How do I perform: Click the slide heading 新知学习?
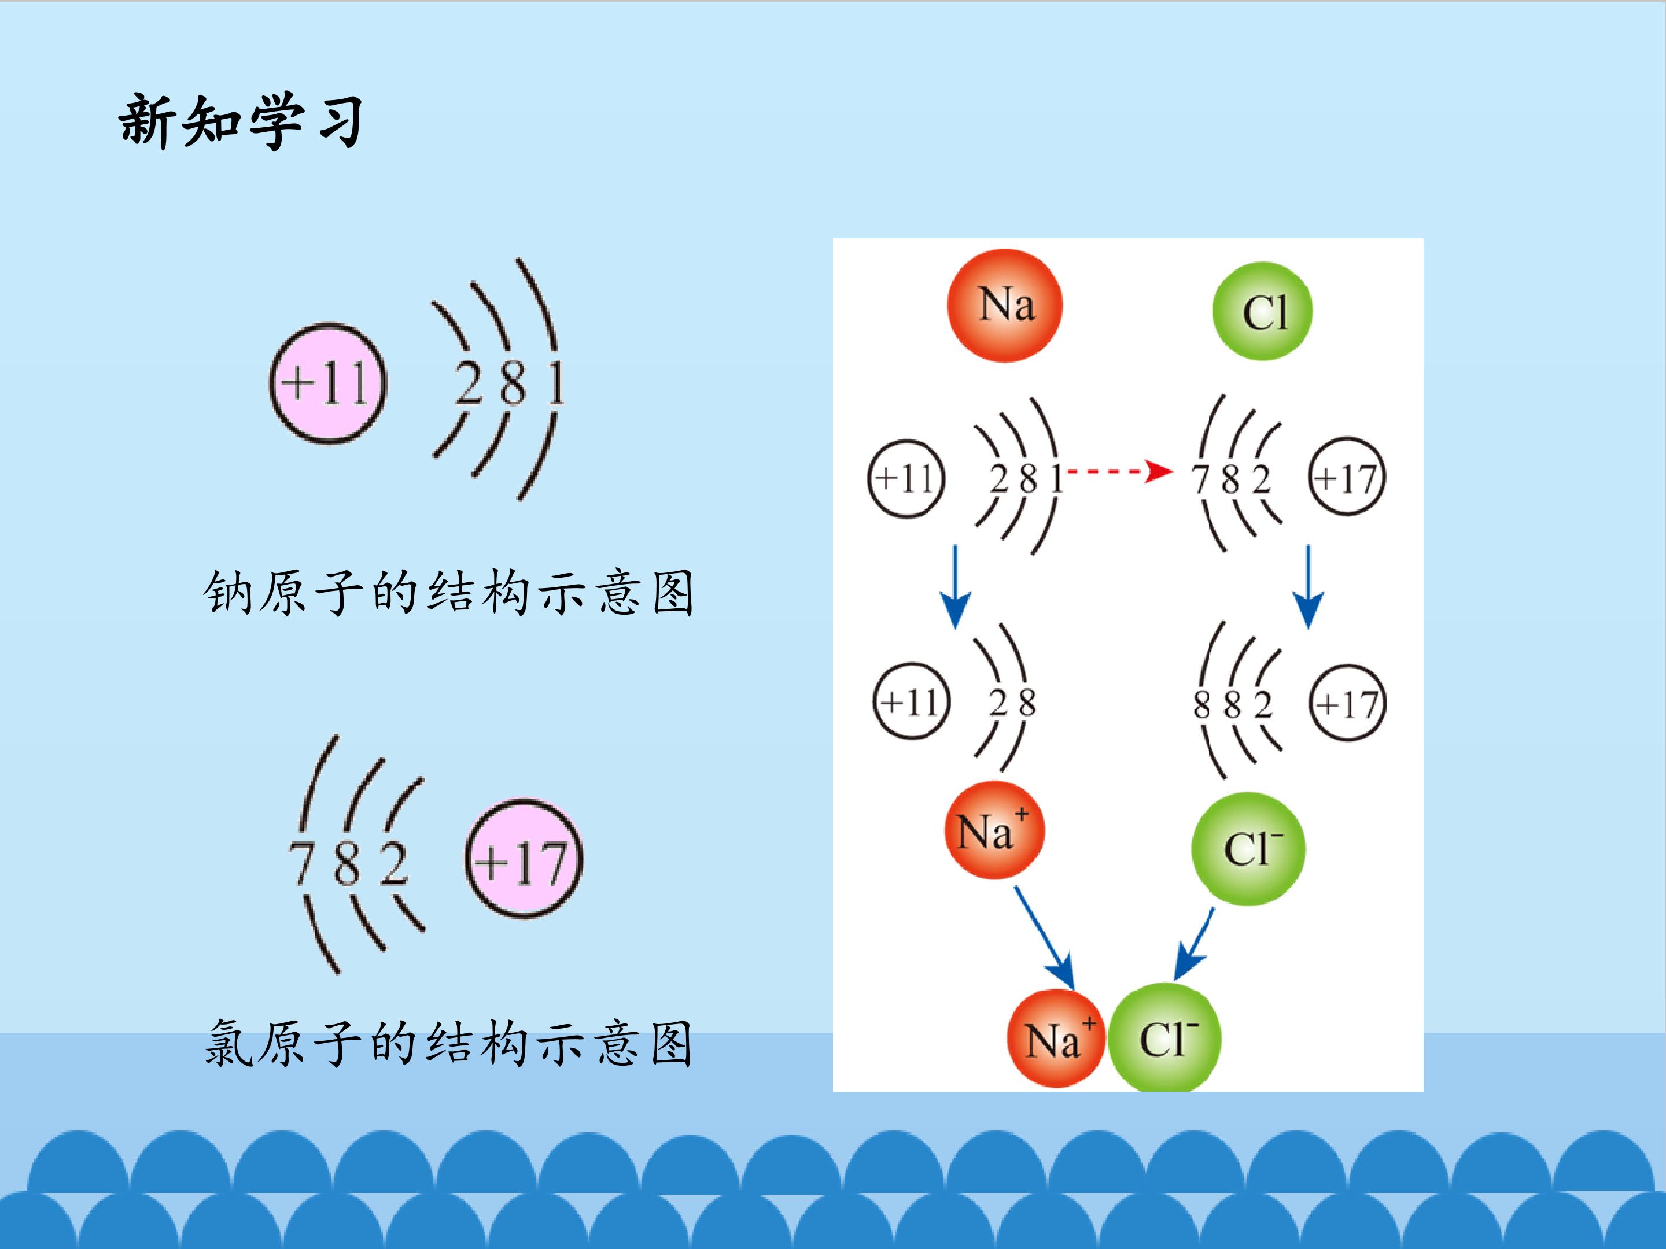[x=241, y=120]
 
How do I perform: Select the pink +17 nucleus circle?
[x=524, y=860]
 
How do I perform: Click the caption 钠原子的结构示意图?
[x=448, y=593]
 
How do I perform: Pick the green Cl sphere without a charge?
[x=1262, y=311]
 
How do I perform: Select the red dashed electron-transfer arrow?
[x=1121, y=472]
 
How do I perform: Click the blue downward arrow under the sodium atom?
[x=955, y=586]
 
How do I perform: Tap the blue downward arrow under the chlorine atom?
[x=1309, y=586]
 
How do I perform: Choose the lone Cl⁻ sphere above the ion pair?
[x=1248, y=848]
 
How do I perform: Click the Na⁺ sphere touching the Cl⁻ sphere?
[x=1056, y=1037]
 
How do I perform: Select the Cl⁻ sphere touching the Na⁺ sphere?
[x=1164, y=1037]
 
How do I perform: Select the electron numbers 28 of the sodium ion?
[x=1012, y=703]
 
